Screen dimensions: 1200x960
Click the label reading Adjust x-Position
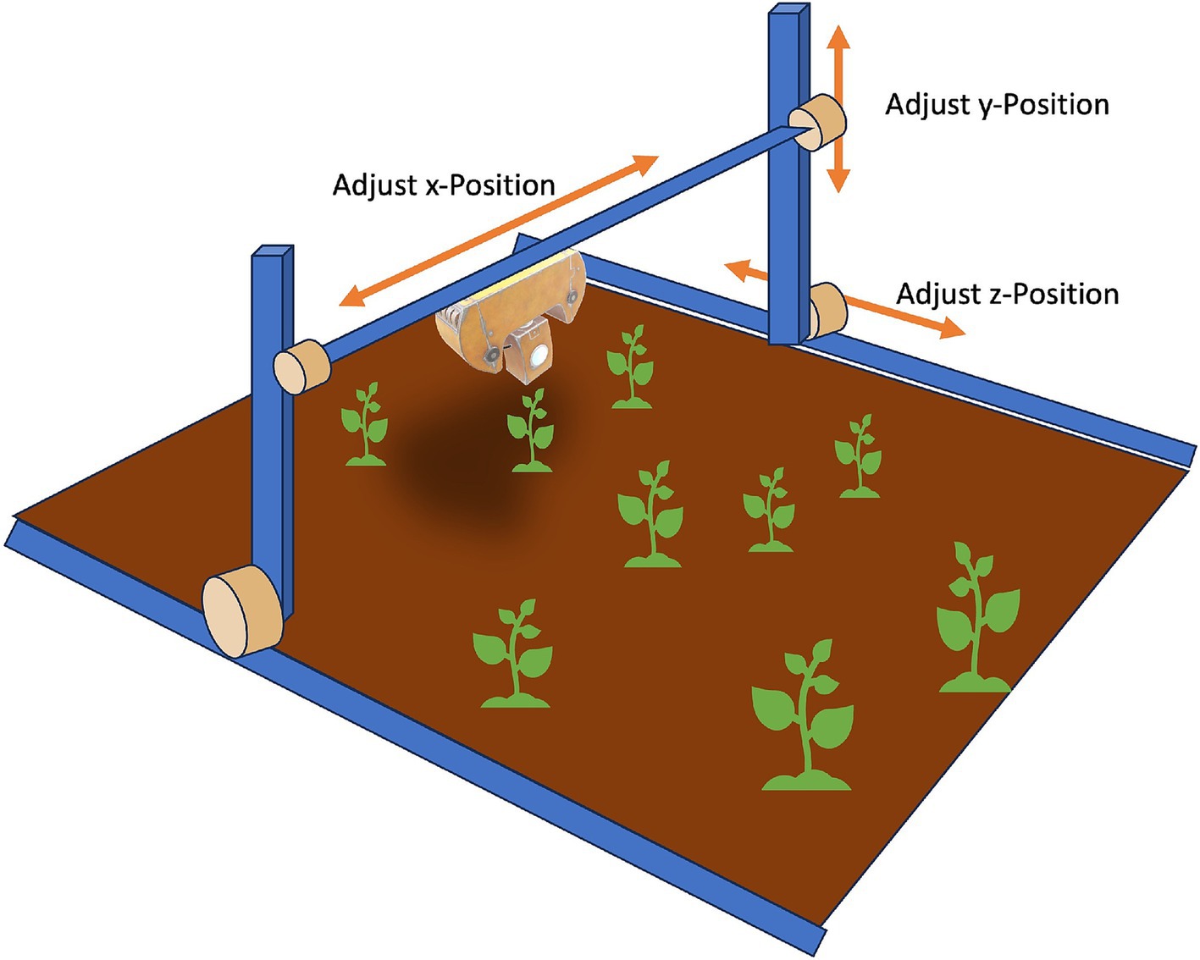tap(443, 185)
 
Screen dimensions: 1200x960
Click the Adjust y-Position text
tap(997, 104)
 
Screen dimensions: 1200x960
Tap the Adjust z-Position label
tap(1007, 294)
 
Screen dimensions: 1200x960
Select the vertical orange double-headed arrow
tap(838, 108)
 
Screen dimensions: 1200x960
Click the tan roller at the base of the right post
tap(826, 312)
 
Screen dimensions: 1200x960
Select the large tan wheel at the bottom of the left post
tap(241, 612)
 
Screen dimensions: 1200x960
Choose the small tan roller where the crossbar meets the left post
tap(301, 367)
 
